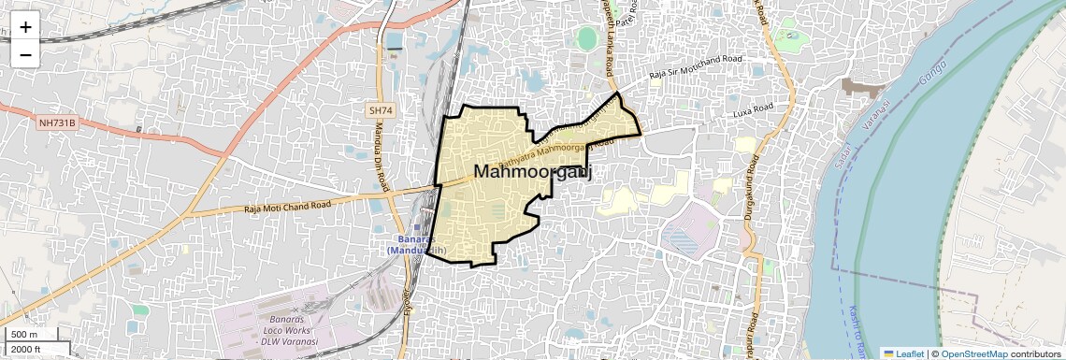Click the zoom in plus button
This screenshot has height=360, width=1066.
click(x=25, y=27)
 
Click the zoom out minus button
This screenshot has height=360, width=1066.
click(x=25, y=54)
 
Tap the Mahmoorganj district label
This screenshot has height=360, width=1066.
click(x=534, y=172)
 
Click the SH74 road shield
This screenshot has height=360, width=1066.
click(x=379, y=110)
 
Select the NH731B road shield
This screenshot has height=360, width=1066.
click(x=57, y=122)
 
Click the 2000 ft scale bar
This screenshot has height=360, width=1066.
click(x=35, y=349)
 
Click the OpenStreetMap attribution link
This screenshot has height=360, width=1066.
click(x=973, y=353)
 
